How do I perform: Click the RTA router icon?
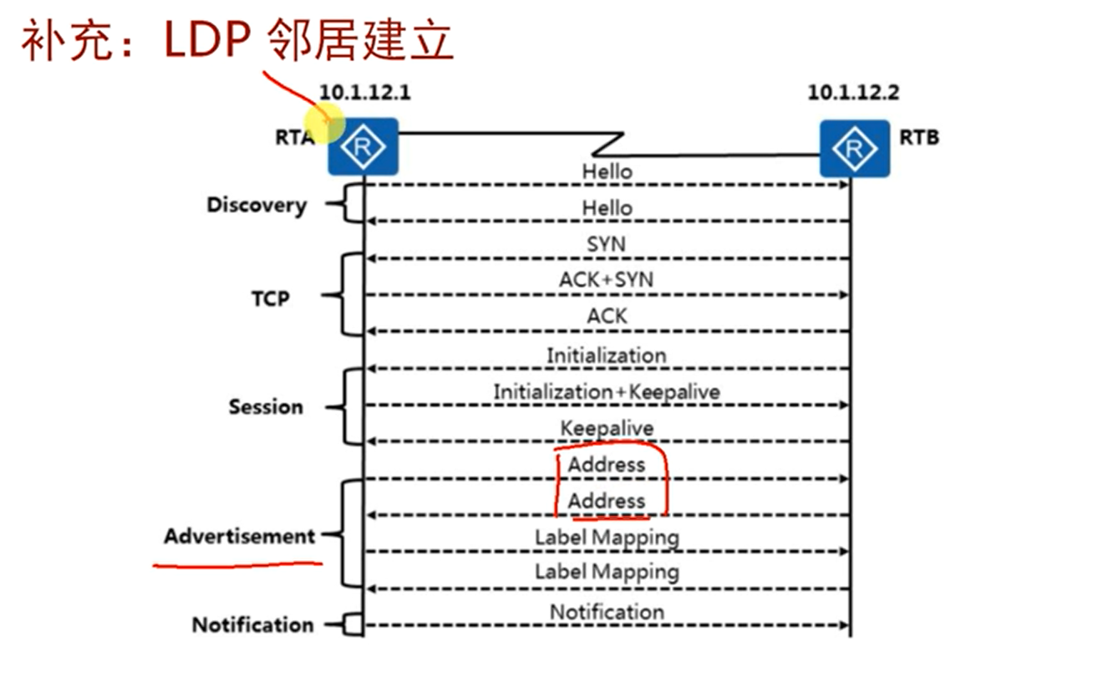coord(362,147)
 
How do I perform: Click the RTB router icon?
coord(854,149)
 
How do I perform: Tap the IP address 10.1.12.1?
coord(364,92)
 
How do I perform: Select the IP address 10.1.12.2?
coord(853,92)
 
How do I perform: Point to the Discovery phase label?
coord(257,205)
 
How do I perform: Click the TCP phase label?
coord(270,298)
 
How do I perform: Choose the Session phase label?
coord(266,407)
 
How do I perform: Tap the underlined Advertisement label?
coord(240,536)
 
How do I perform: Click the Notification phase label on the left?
coord(253,625)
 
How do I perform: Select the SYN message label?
coord(607,244)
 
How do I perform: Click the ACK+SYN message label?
coord(606,280)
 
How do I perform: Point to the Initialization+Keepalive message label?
coord(607,391)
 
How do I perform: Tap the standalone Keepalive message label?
coord(607,428)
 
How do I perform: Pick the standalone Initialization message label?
coord(607,355)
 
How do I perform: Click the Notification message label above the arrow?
coord(607,612)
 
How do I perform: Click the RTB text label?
coord(918,137)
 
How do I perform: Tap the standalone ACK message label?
coord(607,317)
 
